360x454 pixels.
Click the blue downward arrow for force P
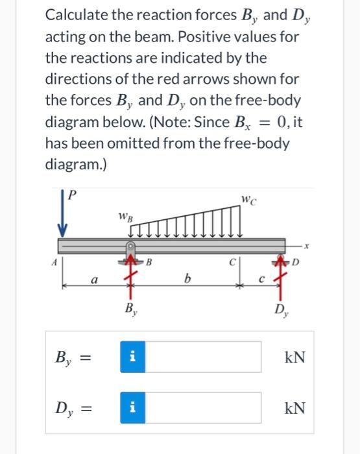(63, 215)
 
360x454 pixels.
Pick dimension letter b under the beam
(187, 281)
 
